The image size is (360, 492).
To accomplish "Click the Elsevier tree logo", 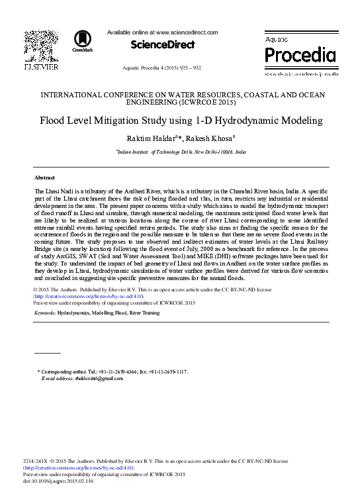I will click(41, 44).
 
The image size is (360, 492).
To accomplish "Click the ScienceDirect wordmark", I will click(162, 45).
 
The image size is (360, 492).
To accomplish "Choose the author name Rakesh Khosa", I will click(206, 138).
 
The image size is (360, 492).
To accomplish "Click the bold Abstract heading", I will click(44, 178).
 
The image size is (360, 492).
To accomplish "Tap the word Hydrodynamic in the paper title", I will click(243, 121).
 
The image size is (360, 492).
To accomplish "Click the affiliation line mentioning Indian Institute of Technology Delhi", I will click(181, 152).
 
